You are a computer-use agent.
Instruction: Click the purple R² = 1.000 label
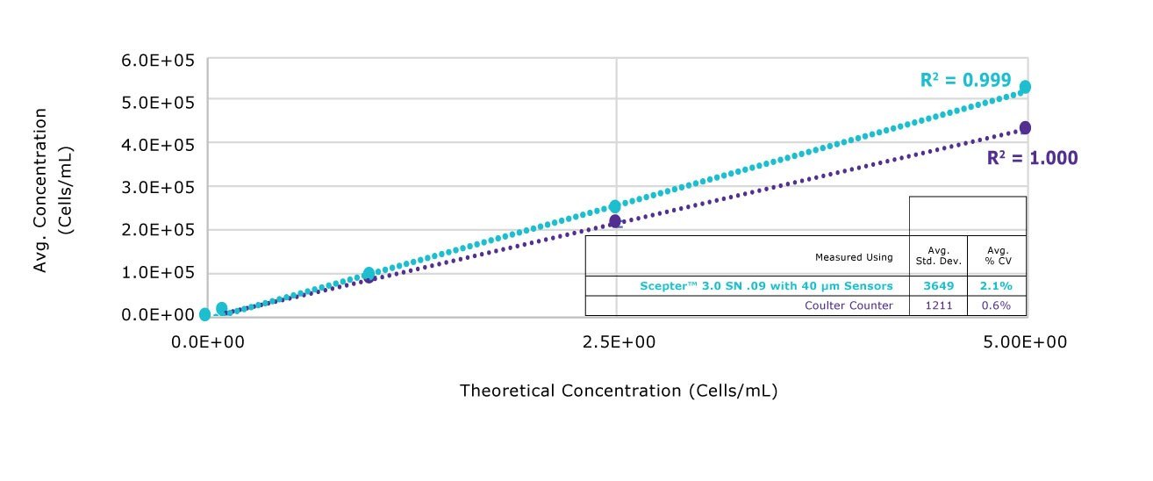click(x=1032, y=158)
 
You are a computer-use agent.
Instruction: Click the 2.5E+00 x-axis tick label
click(x=618, y=341)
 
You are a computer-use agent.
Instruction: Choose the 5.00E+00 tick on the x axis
click(x=1026, y=341)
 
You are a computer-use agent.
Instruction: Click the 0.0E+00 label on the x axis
click(x=209, y=341)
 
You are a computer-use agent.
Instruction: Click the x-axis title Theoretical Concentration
click(x=619, y=391)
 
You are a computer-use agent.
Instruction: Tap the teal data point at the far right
click(x=1025, y=87)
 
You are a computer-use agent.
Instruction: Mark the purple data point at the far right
click(x=1025, y=128)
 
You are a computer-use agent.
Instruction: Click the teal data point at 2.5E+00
click(x=615, y=206)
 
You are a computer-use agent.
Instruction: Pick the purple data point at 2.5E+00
click(x=615, y=221)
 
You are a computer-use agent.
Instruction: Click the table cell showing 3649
click(x=938, y=286)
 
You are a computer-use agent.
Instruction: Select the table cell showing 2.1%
click(x=996, y=286)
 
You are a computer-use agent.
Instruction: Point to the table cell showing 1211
click(x=938, y=305)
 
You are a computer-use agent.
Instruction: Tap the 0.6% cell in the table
click(x=996, y=305)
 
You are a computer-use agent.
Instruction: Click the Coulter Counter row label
click(x=849, y=305)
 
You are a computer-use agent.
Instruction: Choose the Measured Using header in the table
click(x=854, y=257)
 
